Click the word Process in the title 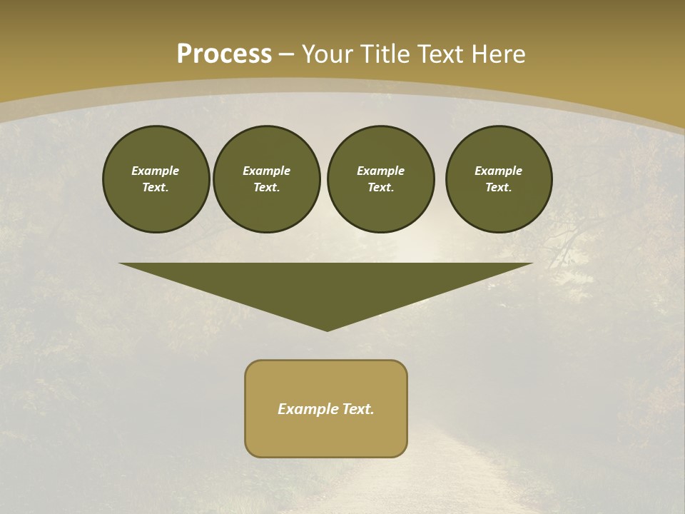(224, 54)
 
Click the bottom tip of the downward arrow (327, 329)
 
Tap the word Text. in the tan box (359, 409)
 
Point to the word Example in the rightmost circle (498, 171)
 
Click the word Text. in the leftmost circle (156, 187)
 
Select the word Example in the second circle (266, 171)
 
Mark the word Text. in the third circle (380, 187)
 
